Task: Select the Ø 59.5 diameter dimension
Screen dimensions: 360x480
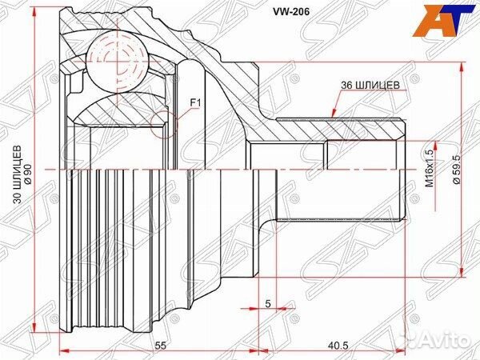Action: [454, 170]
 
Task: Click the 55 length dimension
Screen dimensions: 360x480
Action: [161, 345]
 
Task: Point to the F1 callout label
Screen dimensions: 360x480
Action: [195, 102]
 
